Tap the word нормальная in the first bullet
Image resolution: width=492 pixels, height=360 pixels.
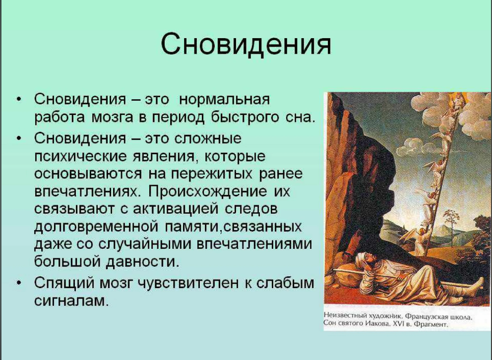tap(224, 99)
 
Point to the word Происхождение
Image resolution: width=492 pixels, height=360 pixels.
tap(208, 192)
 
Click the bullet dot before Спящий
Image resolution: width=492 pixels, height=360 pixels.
tap(19, 283)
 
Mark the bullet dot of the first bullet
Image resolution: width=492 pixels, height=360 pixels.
tap(19, 99)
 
